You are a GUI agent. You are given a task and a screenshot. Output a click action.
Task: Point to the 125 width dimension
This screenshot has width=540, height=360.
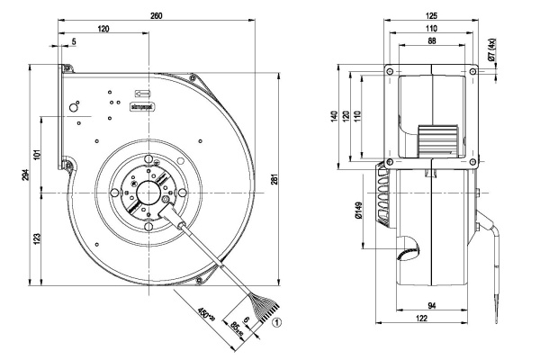point(431,14)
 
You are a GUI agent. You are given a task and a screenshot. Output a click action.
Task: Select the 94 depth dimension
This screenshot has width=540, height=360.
point(433,308)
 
